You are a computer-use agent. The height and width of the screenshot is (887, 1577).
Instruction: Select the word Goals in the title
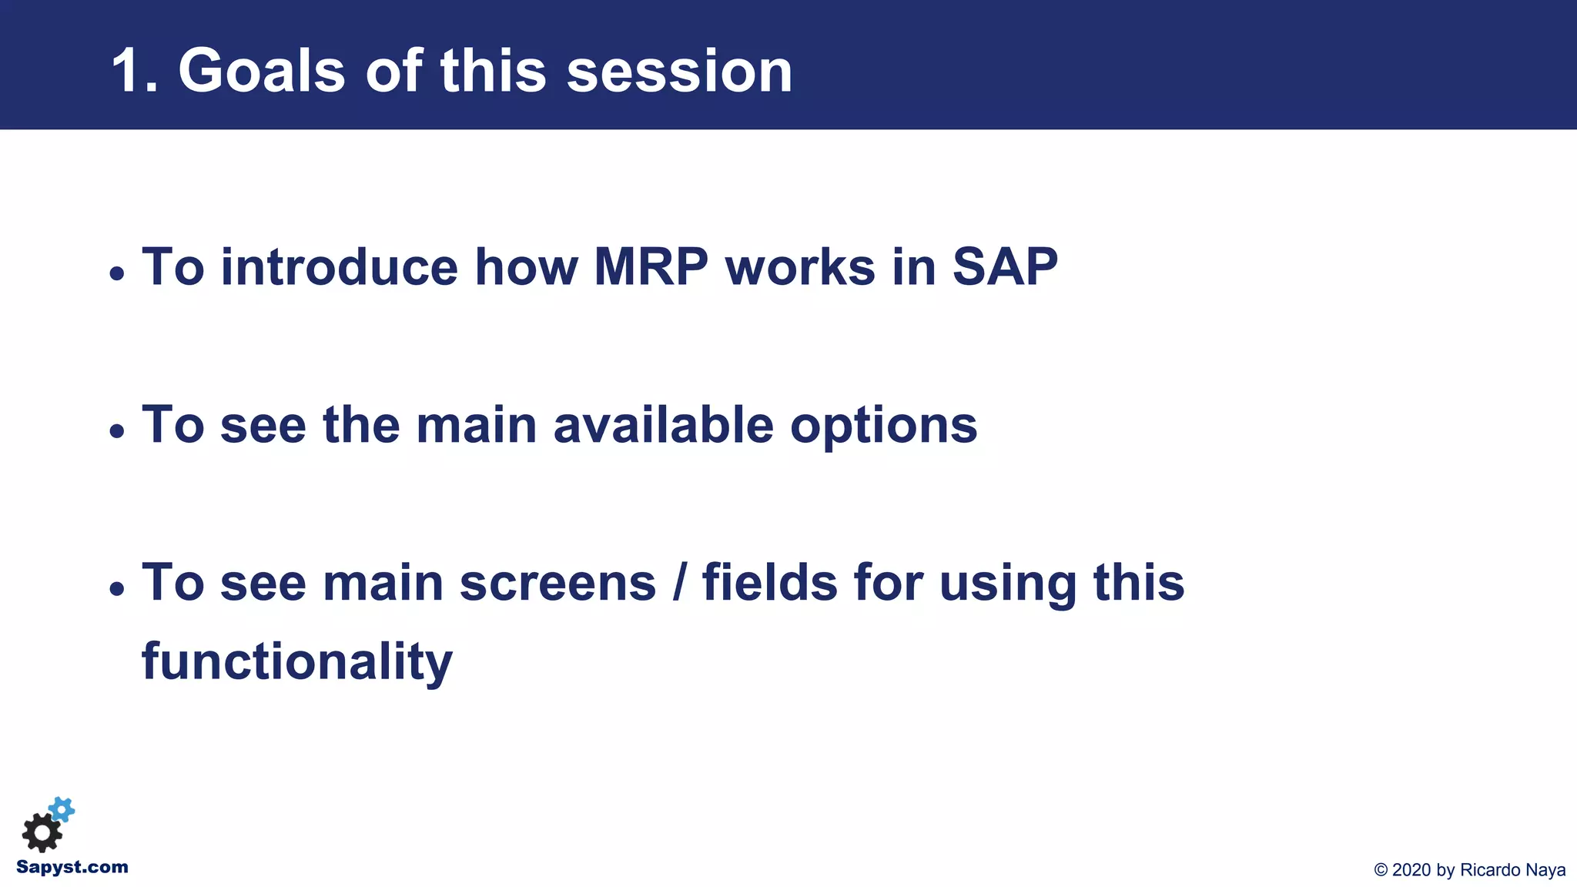point(262,72)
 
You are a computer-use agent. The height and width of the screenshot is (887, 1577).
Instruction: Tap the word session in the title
point(679,72)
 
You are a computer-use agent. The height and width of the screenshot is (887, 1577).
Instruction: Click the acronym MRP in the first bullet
point(651,267)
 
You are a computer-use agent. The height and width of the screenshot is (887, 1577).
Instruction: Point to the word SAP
point(1005,267)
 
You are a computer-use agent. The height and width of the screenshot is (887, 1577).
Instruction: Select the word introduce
point(340,267)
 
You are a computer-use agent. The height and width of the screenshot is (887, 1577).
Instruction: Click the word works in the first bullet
point(800,267)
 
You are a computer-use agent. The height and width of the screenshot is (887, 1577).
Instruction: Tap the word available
point(663,425)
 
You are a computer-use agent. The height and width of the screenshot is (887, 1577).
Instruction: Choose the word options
point(883,427)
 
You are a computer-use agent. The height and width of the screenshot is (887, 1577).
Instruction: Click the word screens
point(557,583)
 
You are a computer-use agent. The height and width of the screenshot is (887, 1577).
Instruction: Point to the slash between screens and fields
point(679,583)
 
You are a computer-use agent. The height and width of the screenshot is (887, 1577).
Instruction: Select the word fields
point(769,583)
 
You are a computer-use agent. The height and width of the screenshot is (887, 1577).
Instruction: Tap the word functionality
point(297,662)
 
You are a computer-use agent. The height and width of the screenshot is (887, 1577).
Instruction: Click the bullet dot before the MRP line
point(116,273)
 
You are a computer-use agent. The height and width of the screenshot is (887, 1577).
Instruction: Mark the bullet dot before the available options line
point(116,431)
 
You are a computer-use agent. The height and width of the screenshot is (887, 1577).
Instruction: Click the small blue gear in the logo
point(62,809)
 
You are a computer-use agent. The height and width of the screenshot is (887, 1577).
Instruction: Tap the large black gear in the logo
point(42,832)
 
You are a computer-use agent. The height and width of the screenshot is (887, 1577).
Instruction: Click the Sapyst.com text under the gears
point(72,867)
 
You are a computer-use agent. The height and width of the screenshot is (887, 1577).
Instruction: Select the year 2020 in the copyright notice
point(1411,870)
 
